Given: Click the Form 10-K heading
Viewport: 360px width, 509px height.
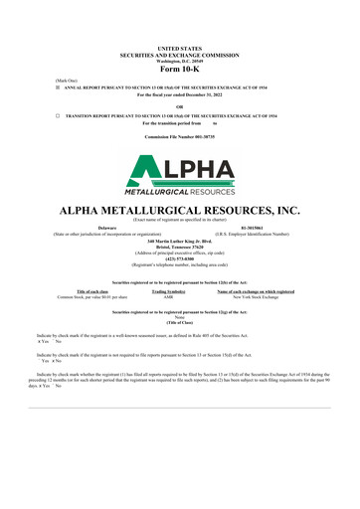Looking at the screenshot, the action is [179, 68].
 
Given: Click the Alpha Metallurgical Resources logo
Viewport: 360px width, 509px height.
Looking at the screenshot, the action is [179, 172].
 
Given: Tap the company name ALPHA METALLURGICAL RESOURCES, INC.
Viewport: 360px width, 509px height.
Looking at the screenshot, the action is [179, 211].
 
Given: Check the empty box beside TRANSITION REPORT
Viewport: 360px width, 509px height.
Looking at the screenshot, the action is [57, 115].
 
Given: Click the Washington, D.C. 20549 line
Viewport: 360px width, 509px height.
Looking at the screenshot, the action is [179, 60].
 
